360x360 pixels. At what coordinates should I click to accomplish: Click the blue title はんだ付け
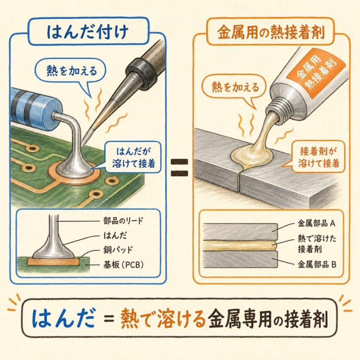point(88,32)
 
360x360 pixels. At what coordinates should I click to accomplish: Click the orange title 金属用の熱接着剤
point(271,32)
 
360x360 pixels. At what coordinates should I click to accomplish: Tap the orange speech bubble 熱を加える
point(234,88)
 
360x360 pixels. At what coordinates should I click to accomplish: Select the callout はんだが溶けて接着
point(133,157)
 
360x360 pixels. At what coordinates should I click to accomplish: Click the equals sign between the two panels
point(179,168)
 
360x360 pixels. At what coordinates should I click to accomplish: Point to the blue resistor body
point(34,108)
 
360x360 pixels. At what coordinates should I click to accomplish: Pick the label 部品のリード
point(123,221)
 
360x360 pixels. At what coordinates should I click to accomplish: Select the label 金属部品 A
point(316,223)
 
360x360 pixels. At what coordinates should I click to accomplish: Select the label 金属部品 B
point(317,265)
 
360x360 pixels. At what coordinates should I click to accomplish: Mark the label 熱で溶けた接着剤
point(317,244)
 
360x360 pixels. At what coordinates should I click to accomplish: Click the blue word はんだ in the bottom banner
point(64,318)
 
